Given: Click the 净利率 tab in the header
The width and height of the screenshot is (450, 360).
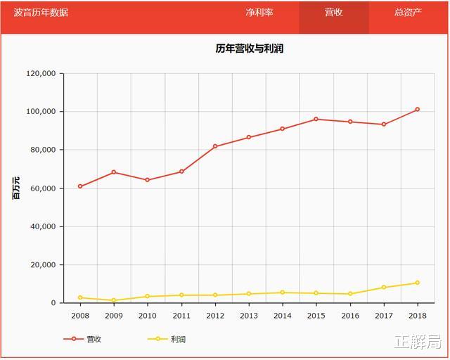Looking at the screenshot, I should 259,13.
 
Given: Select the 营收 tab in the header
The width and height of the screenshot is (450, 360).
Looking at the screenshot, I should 334,13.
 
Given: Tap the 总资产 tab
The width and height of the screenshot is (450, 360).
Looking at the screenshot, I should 408,13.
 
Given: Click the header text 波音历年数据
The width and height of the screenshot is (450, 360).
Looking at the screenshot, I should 41,13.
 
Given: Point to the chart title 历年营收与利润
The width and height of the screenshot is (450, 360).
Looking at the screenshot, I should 249,49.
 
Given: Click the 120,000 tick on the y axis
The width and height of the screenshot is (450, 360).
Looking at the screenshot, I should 41,74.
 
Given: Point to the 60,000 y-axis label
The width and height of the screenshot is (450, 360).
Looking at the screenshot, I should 43,188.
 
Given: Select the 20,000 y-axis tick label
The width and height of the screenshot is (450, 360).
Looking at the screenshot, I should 43,265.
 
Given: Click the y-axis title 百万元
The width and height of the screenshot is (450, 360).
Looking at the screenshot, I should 16,188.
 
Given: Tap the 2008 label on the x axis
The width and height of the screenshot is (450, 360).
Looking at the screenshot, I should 80,316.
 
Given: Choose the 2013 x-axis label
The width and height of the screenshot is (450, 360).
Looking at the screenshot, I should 249,316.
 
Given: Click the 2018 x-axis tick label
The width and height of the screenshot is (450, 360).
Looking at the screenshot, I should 417,316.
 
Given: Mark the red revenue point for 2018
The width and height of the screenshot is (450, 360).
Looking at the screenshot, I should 417,110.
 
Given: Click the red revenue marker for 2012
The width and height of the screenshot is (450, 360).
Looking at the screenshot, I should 215,146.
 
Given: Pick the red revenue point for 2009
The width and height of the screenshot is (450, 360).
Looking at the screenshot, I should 114,172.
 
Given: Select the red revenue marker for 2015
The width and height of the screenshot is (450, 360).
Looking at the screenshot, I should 316,119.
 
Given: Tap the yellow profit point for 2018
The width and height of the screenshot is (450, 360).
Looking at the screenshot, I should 417,283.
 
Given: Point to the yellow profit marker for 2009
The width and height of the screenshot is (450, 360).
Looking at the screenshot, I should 114,300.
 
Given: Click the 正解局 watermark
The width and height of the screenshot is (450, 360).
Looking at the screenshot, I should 418,342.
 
